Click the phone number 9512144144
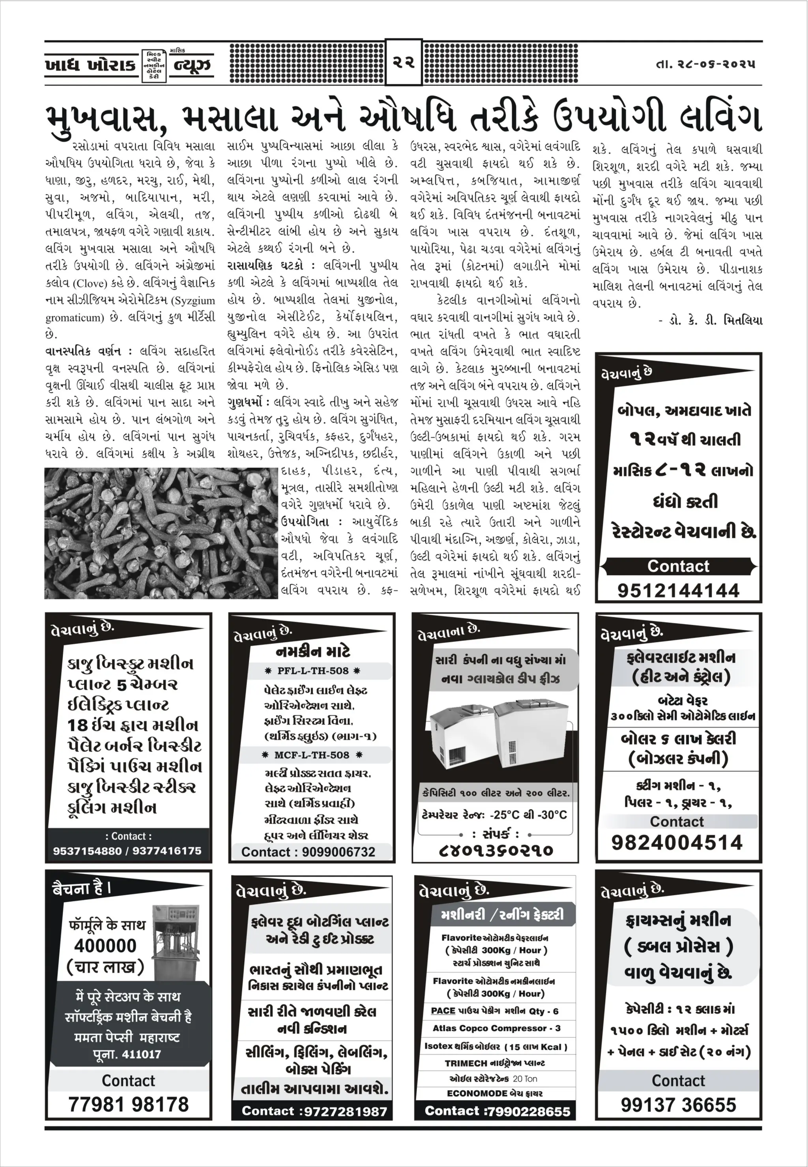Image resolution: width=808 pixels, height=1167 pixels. click(x=678, y=590)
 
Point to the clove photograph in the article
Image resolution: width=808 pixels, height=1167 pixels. click(x=161, y=533)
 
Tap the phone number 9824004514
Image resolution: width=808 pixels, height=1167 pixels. click(x=677, y=842)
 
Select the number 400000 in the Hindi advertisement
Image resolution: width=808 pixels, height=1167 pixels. click(x=105, y=945)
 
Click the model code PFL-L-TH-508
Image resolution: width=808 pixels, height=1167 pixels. click(x=313, y=671)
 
